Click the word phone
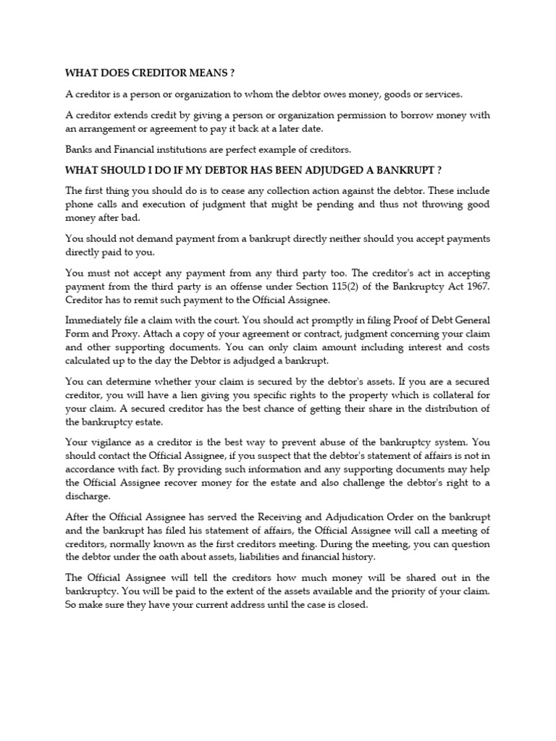tap(80, 204)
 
